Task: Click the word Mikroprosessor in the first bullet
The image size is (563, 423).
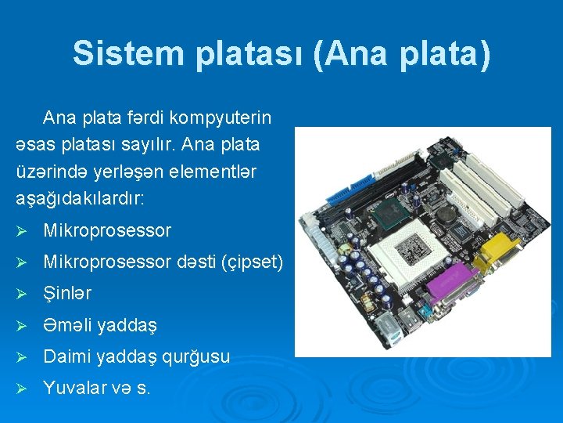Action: tap(107, 231)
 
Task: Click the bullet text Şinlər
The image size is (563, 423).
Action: tap(67, 294)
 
